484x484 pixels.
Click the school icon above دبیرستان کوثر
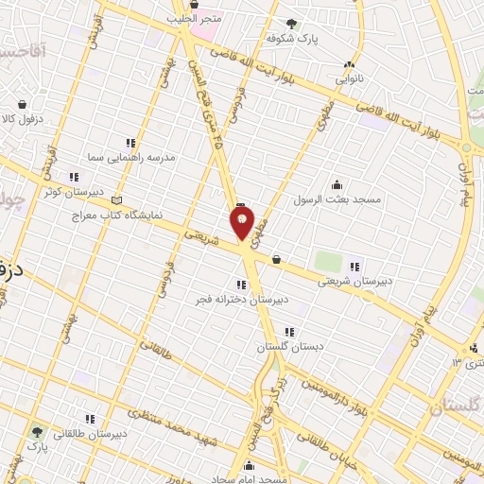pyautogui.click(x=72, y=177)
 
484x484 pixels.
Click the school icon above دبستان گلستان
pyautogui.click(x=289, y=332)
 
